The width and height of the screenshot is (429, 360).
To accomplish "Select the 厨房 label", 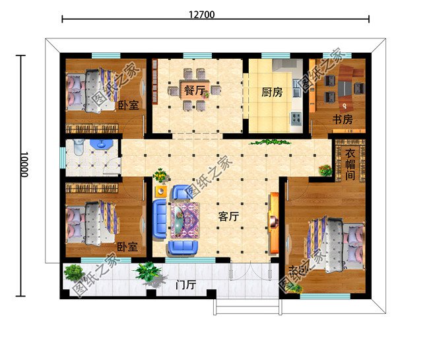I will (x=272, y=92).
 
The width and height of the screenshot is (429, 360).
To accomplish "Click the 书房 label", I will (x=342, y=120).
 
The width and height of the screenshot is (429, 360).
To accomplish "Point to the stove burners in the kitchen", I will (x=296, y=120).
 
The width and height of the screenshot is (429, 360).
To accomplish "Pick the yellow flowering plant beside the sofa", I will (x=160, y=176).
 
